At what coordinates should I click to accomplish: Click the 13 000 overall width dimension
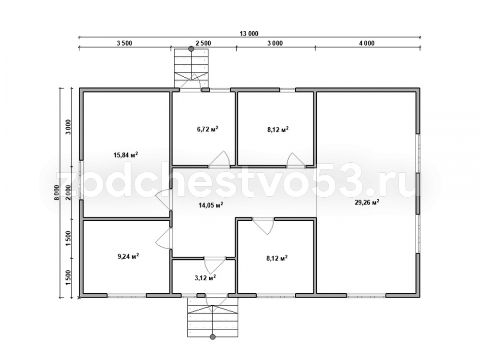tap(249, 34)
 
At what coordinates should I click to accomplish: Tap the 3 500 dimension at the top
tap(124, 43)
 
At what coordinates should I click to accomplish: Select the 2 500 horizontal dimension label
tap(203, 43)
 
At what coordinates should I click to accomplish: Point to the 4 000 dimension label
tap(367, 43)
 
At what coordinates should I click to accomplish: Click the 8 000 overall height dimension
tap(56, 192)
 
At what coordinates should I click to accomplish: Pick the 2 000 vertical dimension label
tap(69, 192)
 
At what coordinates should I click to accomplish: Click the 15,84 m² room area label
tap(125, 155)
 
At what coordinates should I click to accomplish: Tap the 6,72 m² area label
tap(207, 129)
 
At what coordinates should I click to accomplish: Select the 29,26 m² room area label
tap(367, 202)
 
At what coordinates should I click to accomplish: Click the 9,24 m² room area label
tap(128, 256)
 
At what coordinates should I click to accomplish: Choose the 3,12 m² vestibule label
tap(205, 277)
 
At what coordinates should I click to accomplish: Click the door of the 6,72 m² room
tap(219, 160)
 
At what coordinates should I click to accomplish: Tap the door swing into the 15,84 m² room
tap(163, 200)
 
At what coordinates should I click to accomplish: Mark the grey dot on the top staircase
tap(192, 48)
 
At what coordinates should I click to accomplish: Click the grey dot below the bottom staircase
tap(213, 337)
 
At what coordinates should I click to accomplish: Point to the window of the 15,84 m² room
tap(81, 180)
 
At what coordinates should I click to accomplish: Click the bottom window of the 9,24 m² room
tap(126, 295)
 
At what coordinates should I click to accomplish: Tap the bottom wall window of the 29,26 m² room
tap(366, 295)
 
